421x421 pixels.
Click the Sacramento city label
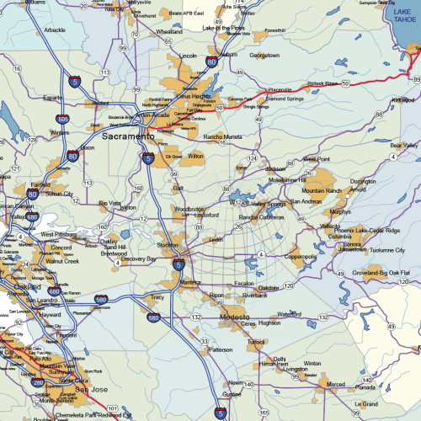coord(128,135)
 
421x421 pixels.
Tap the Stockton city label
coord(168,246)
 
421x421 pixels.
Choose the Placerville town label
coord(280,89)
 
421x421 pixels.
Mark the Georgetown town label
coord(264,56)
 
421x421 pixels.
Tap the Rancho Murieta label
coord(222,136)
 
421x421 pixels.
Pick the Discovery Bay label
coord(139,259)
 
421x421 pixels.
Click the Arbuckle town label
coord(54,30)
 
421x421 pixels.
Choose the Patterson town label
coord(221,349)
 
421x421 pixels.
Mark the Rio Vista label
coord(109,202)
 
